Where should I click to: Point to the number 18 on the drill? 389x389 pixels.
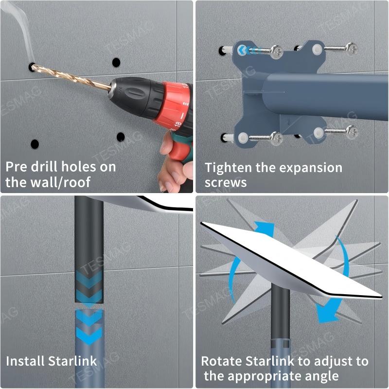(x=178, y=124)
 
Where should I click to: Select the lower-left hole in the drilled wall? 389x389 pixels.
(x=35, y=144)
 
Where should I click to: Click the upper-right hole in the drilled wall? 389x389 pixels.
(x=116, y=62)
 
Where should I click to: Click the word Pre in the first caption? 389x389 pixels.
(x=18, y=167)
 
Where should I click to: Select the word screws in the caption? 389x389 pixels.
(x=225, y=183)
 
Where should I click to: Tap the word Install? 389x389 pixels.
(x=25, y=361)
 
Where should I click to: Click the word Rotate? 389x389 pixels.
(x=221, y=361)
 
